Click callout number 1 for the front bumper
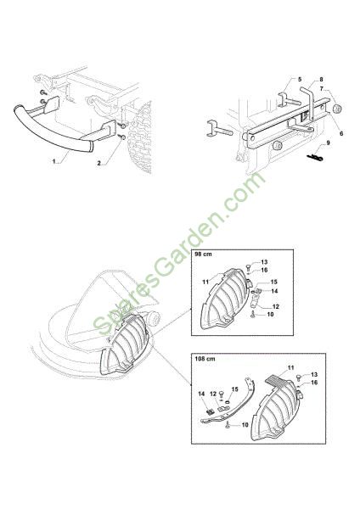tap(54, 161)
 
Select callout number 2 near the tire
tap(99, 163)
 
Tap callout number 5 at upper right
tap(300, 80)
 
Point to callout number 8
tap(321, 80)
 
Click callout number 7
tap(321, 88)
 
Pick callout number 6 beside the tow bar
tap(341, 133)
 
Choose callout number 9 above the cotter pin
tap(328, 143)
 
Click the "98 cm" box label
tap(203, 255)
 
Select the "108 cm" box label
tap(205, 359)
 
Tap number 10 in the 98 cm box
tap(270, 314)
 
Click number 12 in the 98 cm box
tap(276, 306)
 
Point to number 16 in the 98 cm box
tap(264, 270)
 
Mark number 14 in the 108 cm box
tap(201, 394)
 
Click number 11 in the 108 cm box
tap(290, 368)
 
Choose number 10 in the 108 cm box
tap(245, 425)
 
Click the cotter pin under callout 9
tap(315, 158)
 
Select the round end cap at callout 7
tap(337, 108)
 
